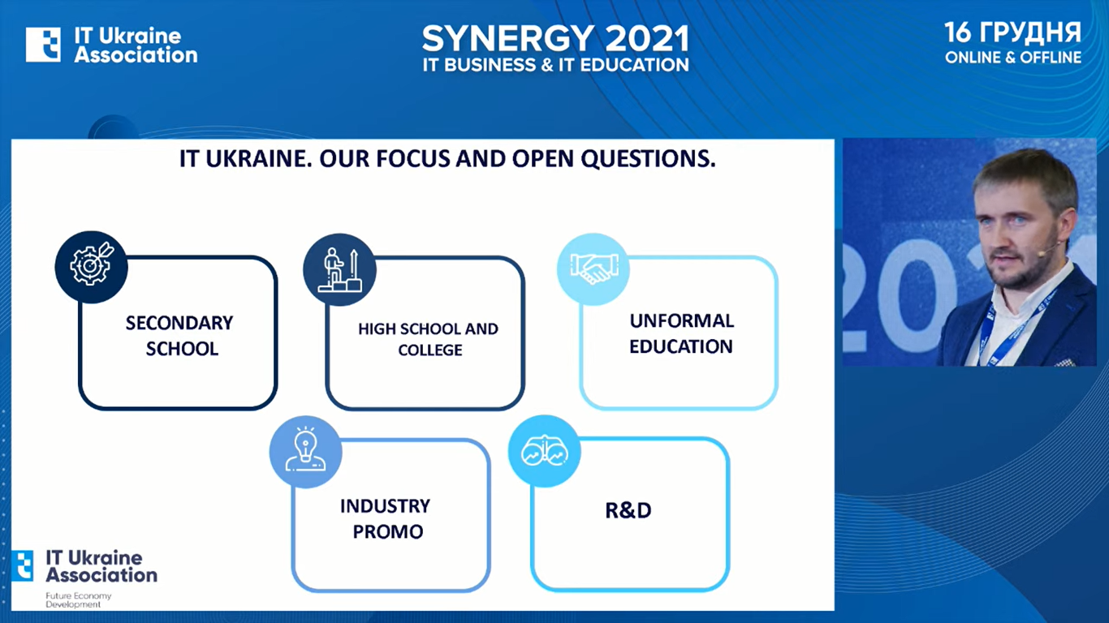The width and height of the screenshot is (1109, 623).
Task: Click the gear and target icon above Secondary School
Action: coord(92,267)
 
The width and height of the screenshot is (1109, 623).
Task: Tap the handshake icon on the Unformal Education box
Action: coord(593,269)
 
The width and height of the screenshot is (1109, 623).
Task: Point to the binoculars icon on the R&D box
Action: coord(545,451)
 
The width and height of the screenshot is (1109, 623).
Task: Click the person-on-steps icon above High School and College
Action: coord(339,269)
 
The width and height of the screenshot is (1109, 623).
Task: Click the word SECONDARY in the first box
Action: coord(179,323)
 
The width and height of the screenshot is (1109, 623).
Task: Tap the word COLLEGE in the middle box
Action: coord(430,350)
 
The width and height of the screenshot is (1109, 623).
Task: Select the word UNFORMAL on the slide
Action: coord(682,321)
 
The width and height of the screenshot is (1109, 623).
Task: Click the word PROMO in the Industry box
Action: coord(387,532)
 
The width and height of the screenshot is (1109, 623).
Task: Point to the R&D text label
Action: coord(628,511)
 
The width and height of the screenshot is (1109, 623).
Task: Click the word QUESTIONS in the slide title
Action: coord(648,159)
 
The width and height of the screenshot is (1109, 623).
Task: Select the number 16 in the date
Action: coord(959,32)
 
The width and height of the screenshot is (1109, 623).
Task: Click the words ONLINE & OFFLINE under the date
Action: coord(1013,58)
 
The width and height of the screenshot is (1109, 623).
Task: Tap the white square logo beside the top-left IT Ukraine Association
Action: coord(43,45)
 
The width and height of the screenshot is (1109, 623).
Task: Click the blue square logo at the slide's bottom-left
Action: coord(22,565)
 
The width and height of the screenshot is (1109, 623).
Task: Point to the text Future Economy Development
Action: coord(78,600)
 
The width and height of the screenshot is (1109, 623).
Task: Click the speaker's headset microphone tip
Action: coord(1041,253)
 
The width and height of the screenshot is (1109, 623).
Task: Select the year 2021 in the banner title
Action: coord(647,39)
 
